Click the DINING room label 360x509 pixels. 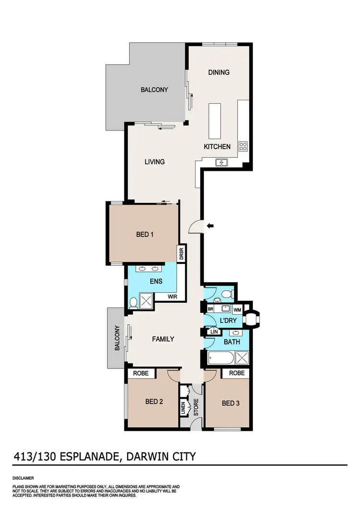tap(218, 72)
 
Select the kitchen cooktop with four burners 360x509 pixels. tap(243, 146)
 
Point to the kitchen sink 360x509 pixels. tap(222, 162)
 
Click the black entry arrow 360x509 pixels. tap(210, 225)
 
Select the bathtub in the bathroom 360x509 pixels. tap(221, 358)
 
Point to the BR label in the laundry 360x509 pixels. tap(210, 309)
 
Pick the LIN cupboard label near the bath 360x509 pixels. tap(214, 331)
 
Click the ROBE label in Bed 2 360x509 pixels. tap(141, 373)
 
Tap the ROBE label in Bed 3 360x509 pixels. tap(237, 373)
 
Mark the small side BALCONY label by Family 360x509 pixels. tap(117, 338)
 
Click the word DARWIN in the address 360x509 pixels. tap(148, 455)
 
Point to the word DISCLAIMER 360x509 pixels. tap(24, 478)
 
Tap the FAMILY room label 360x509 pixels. tap(163, 339)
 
